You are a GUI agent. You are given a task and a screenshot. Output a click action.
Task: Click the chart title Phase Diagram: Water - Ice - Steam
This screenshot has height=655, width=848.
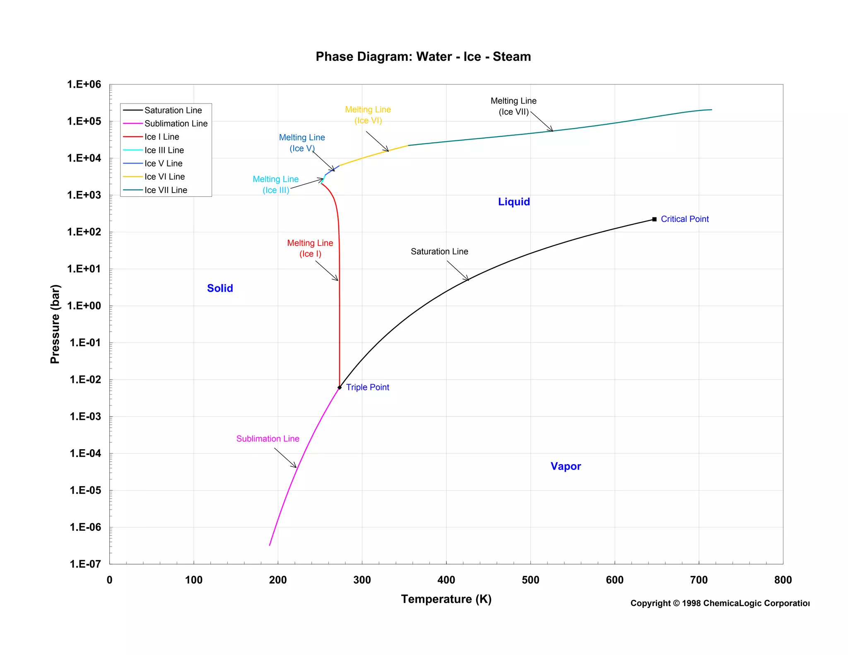click(423, 57)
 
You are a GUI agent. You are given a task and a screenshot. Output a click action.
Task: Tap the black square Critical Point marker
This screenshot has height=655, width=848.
click(654, 219)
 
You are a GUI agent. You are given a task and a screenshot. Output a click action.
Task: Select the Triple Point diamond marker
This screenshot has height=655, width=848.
click(340, 388)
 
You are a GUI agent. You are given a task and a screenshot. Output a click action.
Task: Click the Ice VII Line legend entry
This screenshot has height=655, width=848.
click(166, 190)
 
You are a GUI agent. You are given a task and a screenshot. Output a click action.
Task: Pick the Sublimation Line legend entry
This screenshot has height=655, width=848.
click(176, 123)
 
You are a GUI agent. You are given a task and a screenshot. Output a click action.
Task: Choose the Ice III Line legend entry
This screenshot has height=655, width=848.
click(164, 150)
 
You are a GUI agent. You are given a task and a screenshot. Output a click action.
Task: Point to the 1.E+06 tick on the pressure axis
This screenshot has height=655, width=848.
click(84, 84)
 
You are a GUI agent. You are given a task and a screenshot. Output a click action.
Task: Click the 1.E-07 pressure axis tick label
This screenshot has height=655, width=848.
click(85, 564)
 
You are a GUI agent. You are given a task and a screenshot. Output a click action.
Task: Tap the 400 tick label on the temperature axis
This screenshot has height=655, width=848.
click(446, 580)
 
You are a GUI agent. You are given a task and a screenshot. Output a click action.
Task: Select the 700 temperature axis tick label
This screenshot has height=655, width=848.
click(699, 580)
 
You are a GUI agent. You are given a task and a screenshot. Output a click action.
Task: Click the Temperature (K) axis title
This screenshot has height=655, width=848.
click(446, 599)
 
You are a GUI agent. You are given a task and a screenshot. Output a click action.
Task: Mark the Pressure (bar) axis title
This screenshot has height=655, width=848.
click(55, 324)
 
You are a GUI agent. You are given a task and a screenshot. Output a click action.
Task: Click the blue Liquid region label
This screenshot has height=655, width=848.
click(513, 202)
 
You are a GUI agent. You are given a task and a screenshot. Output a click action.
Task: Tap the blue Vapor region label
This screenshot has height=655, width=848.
click(566, 466)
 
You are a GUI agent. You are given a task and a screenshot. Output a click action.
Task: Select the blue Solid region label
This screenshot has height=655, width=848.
click(220, 288)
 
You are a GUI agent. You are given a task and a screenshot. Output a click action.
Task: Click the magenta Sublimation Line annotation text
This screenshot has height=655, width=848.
click(267, 439)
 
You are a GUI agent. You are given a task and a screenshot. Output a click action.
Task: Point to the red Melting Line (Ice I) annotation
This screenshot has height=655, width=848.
click(310, 248)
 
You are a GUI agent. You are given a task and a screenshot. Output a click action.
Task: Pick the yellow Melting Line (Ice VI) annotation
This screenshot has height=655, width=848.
click(368, 115)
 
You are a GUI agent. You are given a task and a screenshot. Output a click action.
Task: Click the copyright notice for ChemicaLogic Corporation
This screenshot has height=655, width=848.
click(720, 603)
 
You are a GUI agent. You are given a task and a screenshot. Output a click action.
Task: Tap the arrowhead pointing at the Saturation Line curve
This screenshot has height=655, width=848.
click(467, 279)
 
